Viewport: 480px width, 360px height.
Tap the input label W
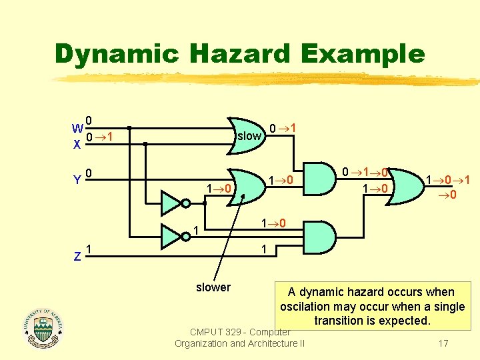[78, 128]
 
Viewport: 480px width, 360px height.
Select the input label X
[78, 143]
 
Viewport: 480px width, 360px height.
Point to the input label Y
[78, 180]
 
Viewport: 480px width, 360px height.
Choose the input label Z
[78, 255]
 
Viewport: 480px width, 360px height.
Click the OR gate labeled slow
[246, 135]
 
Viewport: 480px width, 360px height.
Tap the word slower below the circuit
[213, 287]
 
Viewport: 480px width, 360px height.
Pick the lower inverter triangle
[171, 235]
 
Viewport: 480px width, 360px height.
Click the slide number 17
[442, 343]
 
